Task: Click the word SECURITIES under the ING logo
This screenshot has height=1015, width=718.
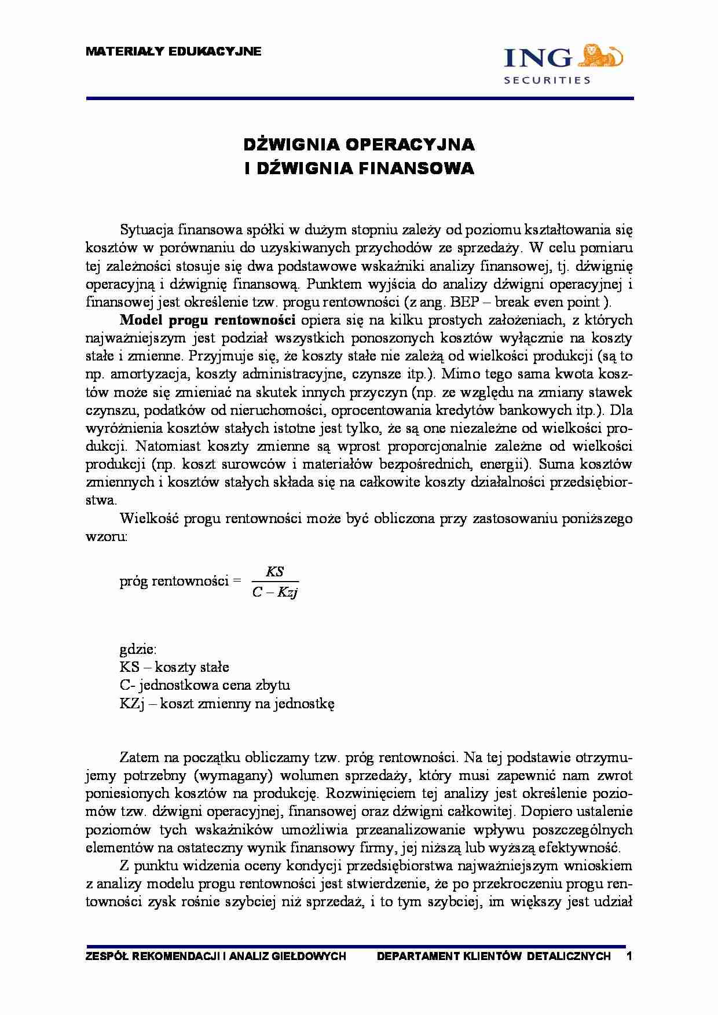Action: tap(547, 80)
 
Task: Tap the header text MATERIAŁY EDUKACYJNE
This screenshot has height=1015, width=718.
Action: tap(174, 52)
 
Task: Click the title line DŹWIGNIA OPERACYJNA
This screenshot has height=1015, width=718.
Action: tap(358, 144)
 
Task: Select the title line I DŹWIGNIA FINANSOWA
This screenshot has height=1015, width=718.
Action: tap(358, 168)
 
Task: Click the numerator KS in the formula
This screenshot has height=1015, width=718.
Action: tap(274, 572)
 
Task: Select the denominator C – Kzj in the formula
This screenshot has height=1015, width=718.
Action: tap(275, 592)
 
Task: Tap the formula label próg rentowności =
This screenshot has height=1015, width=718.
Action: tap(180, 581)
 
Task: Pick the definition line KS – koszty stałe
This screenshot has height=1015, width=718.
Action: tap(174, 667)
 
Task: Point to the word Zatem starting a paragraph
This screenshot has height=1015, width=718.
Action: tap(137, 757)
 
